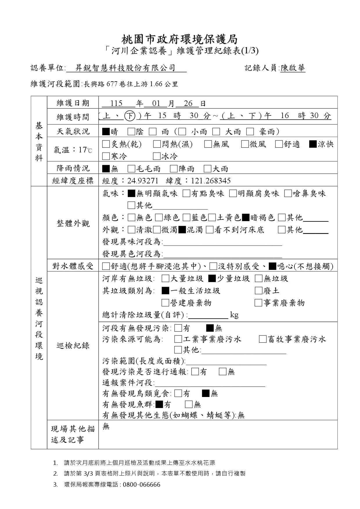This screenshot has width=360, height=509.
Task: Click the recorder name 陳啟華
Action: [293, 68]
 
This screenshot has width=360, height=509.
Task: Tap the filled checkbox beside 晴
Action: [106, 132]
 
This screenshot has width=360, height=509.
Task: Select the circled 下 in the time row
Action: [129, 116]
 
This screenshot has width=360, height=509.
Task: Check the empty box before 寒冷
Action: [106, 157]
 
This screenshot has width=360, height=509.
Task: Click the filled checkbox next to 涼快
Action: [313, 144]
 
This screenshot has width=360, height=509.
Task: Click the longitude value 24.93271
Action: [143, 181]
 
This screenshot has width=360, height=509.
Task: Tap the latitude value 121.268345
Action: [210, 181]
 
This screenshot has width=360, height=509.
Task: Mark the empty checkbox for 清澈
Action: [131, 230]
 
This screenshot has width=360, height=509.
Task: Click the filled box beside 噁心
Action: [272, 266]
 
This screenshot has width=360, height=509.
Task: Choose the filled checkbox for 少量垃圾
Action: [212, 279]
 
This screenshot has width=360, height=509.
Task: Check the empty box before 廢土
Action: [258, 291]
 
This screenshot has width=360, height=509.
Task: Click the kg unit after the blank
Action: [234, 315]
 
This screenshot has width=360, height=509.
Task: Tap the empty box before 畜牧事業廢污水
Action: [262, 339]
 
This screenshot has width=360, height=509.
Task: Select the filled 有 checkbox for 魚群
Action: [159, 404]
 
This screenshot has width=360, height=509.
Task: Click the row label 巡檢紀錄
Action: [73, 346]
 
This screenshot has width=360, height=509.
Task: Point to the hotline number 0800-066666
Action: [141, 485]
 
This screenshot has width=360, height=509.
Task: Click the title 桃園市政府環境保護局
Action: [179, 39]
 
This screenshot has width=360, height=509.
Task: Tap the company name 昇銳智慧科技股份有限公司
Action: [125, 68]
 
